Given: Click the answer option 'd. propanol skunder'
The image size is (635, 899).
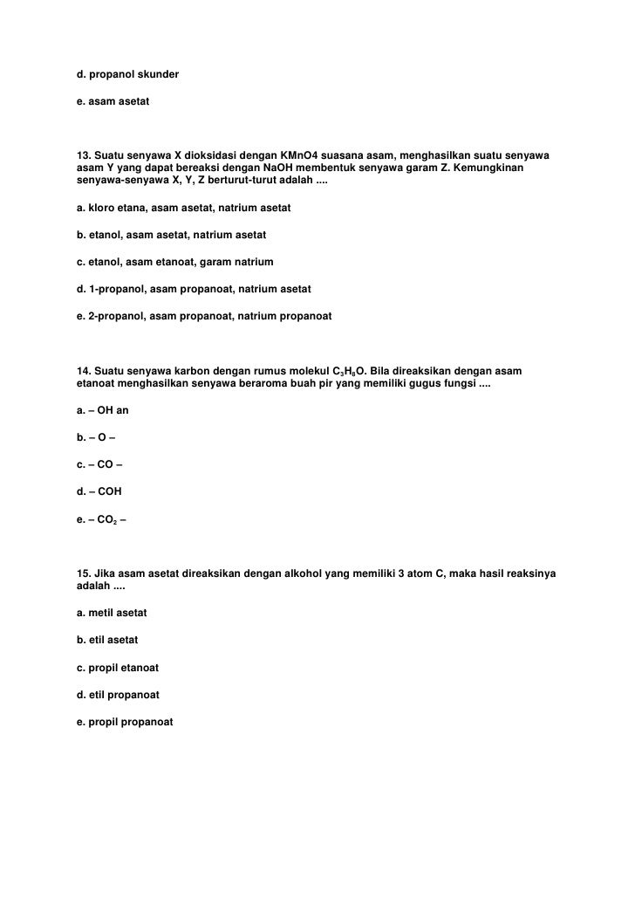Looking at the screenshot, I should (127, 75).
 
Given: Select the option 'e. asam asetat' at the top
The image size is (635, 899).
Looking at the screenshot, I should (113, 102).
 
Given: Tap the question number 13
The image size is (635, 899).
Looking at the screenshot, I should (84, 155).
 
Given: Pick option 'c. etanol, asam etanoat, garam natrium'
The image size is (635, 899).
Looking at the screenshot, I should (174, 262).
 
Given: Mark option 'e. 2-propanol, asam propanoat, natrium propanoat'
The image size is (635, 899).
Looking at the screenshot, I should (204, 314).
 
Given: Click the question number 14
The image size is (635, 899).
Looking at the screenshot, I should (84, 372).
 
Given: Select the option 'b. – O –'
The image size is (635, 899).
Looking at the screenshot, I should (96, 437).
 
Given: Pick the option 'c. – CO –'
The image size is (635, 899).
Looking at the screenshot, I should (99, 464).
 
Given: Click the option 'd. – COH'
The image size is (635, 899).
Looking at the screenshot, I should (99, 491).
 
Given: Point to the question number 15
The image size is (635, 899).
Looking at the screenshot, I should (84, 573).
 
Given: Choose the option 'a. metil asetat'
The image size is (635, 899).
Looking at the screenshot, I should (112, 614).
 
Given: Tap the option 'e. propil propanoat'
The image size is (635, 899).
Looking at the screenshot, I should (125, 722).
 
